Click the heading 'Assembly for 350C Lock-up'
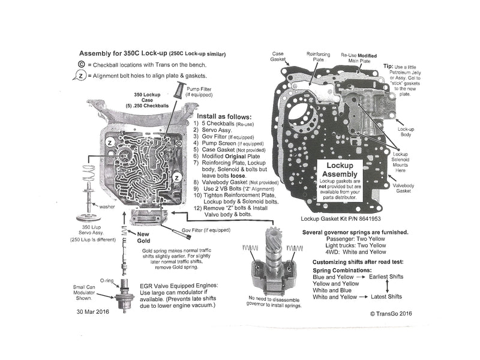click(119, 52)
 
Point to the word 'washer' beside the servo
click(108, 206)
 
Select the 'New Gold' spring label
click(143, 237)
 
